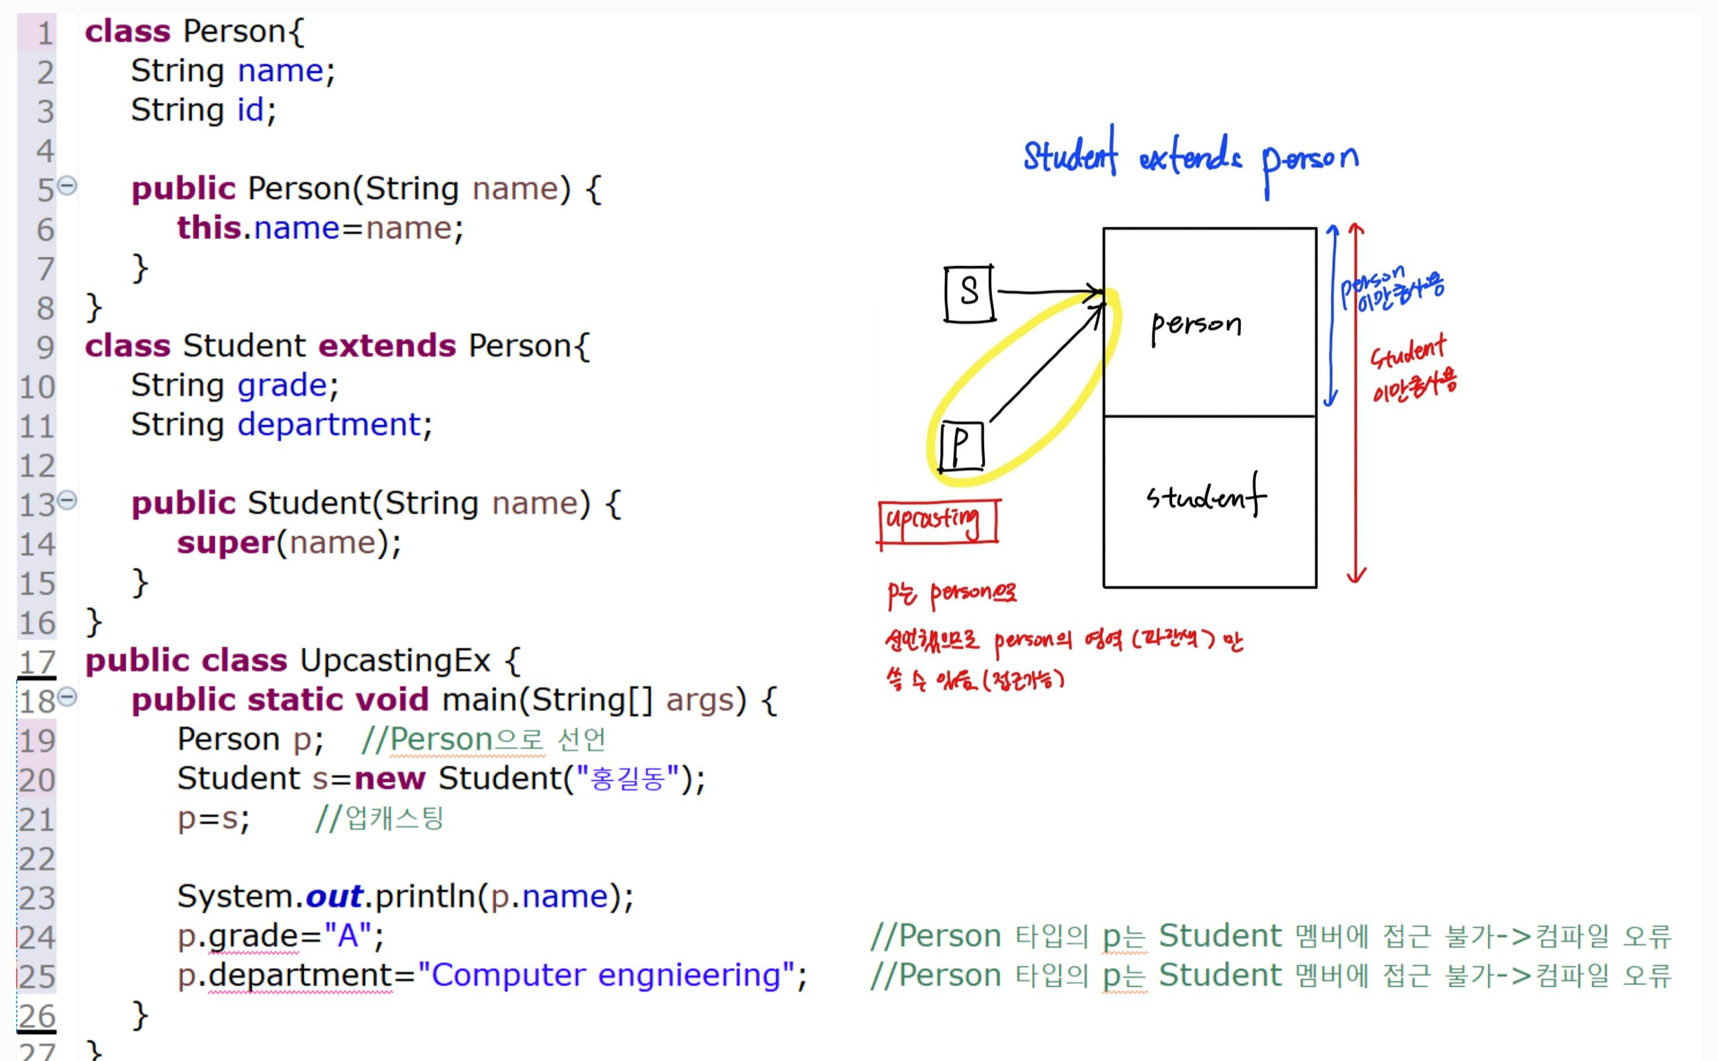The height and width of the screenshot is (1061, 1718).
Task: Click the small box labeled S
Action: tap(969, 294)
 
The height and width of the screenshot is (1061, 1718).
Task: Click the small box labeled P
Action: tap(962, 446)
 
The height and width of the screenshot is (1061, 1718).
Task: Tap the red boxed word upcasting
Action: tap(937, 522)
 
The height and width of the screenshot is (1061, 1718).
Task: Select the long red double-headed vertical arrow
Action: tap(1356, 403)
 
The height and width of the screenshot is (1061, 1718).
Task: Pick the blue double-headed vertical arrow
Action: tap(1331, 316)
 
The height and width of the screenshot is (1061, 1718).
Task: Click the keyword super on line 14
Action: tap(225, 542)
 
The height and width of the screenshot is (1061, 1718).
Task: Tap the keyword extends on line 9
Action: tap(387, 346)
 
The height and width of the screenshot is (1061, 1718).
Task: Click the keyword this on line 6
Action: tap(209, 228)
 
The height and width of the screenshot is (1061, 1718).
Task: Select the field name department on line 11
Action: tap(329, 424)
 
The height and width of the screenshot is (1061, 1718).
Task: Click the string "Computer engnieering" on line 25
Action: tap(606, 974)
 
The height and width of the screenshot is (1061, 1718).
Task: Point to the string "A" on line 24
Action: tap(348, 936)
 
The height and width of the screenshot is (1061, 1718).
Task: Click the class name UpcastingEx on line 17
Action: tap(395, 661)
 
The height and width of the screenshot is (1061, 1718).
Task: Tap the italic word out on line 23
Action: tap(335, 897)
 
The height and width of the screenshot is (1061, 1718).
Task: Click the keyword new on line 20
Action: tap(390, 779)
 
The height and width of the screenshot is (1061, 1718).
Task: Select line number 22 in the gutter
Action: tap(36, 859)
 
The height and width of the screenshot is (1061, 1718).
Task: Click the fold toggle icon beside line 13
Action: tap(67, 500)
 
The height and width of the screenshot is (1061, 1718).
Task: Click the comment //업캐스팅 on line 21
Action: tap(379, 818)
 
